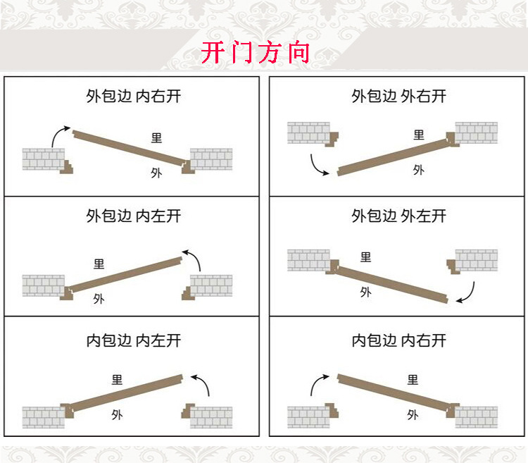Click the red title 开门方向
[256, 52]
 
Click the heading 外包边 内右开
[134, 96]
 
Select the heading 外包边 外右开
[399, 96]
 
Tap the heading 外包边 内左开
[134, 216]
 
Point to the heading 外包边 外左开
[399, 216]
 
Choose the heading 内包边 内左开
[134, 340]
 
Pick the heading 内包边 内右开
[399, 340]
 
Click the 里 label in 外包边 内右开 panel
[156, 138]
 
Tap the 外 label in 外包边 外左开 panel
[365, 292]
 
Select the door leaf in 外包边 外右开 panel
[395, 157]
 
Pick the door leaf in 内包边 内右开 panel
[395, 393]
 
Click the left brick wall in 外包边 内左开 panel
[44, 285]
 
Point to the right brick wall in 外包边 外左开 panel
[477, 260]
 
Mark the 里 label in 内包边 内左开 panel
[117, 380]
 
